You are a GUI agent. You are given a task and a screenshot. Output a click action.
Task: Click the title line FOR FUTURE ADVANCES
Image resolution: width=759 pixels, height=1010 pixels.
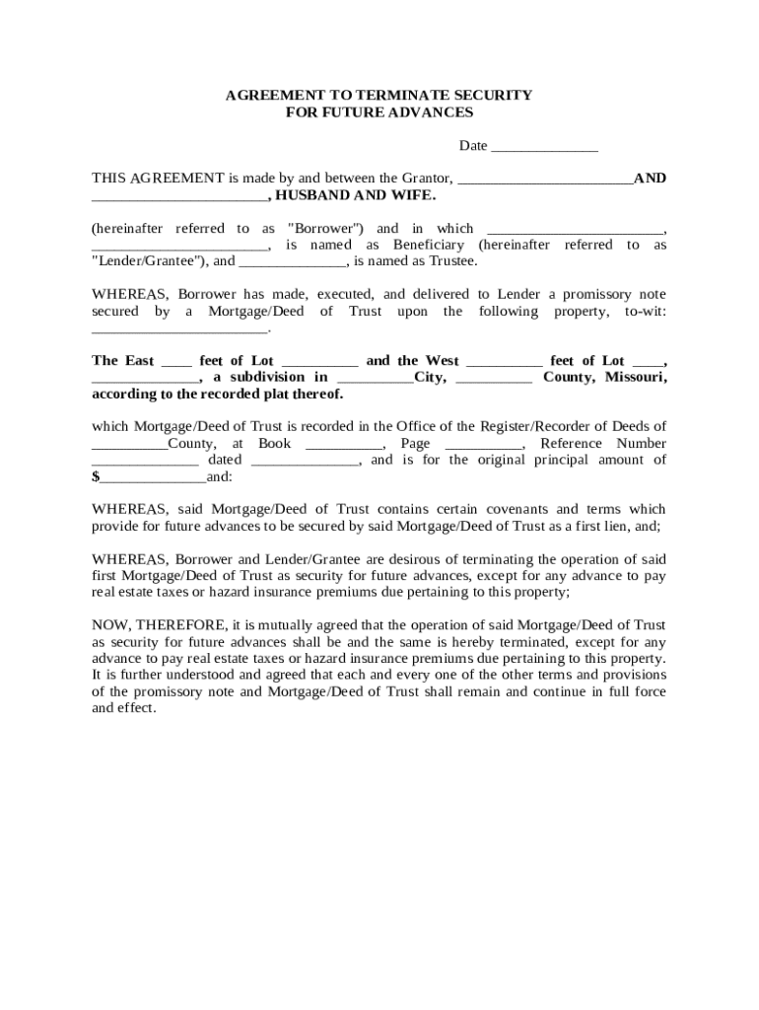(x=379, y=112)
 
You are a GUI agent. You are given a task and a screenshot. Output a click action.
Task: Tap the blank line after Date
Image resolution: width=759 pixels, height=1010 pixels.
(x=544, y=147)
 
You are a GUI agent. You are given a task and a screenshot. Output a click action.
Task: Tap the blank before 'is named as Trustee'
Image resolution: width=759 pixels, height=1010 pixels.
(x=292, y=262)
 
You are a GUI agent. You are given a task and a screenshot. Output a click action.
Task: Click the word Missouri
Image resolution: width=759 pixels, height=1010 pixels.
(x=635, y=377)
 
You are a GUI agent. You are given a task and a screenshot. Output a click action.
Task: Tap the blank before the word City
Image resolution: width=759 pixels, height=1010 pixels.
(x=375, y=378)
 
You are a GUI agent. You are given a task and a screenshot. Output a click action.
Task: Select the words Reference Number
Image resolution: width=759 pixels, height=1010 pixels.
(x=603, y=444)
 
